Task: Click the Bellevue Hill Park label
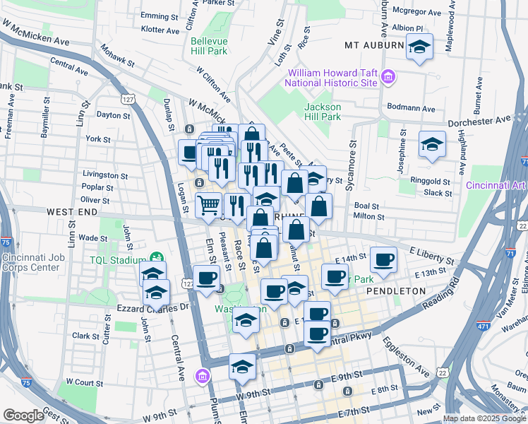(209, 46)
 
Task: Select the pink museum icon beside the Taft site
(388, 76)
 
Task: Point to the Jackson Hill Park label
(322, 112)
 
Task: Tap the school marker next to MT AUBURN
(419, 47)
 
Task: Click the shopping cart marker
(208, 206)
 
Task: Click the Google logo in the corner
(23, 416)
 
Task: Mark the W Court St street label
(84, 382)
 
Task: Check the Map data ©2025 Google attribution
(483, 418)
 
